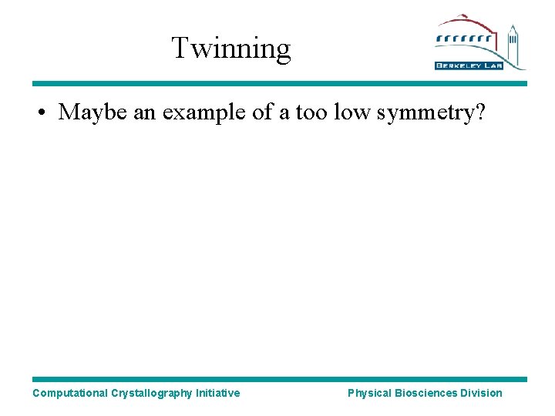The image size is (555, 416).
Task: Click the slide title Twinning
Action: pyautogui.click(x=230, y=48)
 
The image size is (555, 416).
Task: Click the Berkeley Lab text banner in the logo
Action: pyautogui.click(x=469, y=65)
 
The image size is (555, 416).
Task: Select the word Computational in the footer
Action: pyautogui.click(x=69, y=393)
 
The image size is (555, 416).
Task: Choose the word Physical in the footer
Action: pyautogui.click(x=369, y=393)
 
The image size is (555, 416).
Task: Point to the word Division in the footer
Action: pyautogui.click(x=481, y=393)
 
